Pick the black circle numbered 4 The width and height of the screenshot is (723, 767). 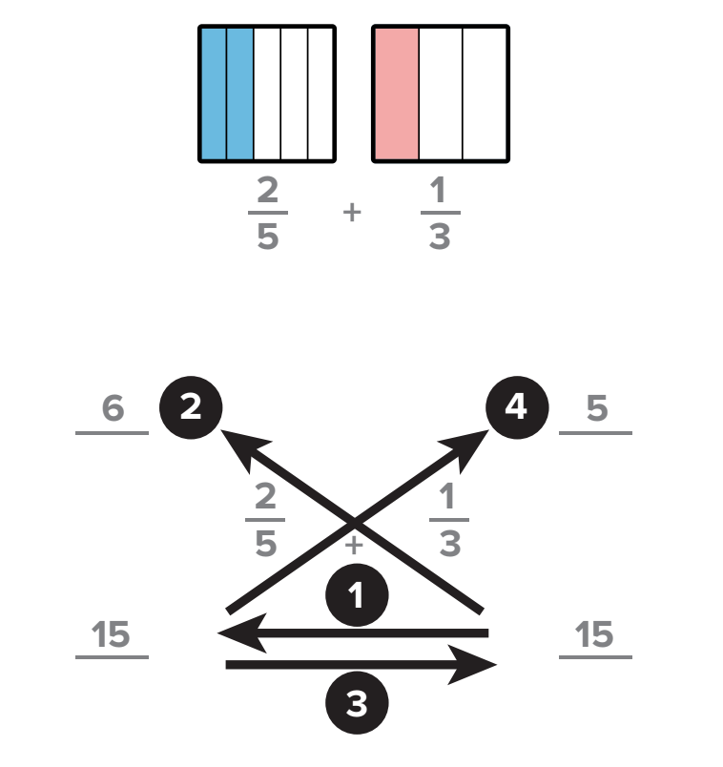[515, 408]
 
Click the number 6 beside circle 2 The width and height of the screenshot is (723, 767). [113, 410]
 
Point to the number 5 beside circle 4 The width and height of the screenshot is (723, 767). [596, 410]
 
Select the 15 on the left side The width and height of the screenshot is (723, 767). [113, 634]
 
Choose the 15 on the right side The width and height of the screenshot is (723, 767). [596, 634]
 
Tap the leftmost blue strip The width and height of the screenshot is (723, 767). [213, 93]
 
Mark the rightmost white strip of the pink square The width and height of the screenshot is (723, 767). [485, 93]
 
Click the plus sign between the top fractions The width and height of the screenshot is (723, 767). [353, 213]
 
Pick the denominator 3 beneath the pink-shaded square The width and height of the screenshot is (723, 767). [440, 236]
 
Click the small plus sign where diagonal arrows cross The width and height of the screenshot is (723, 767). [354, 547]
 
